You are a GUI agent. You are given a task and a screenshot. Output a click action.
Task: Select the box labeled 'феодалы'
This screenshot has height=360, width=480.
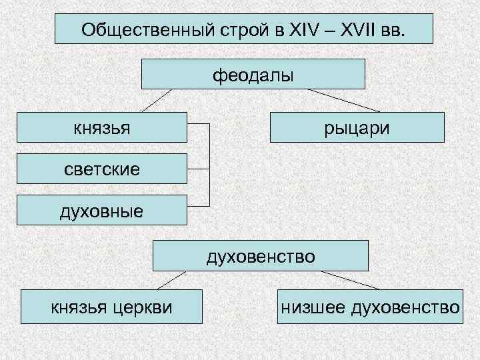pyautogui.click(x=253, y=74)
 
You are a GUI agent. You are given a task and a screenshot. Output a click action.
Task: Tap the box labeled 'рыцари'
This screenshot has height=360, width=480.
pyautogui.click(x=357, y=127)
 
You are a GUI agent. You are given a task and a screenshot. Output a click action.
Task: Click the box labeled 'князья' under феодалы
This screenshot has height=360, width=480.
pyautogui.click(x=102, y=127)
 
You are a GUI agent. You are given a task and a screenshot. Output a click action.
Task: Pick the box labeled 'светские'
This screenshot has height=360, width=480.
pyautogui.click(x=102, y=169)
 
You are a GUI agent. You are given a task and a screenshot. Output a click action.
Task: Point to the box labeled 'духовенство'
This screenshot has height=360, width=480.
pyautogui.click(x=261, y=255)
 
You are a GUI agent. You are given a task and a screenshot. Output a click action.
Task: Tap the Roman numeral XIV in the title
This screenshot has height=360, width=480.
pyautogui.click(x=303, y=30)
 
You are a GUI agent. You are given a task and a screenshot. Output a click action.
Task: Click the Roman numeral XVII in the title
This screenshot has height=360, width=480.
pyautogui.click(x=359, y=30)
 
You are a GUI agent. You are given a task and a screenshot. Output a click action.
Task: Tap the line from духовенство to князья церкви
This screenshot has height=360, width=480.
pyautogui.click(x=170, y=280)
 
